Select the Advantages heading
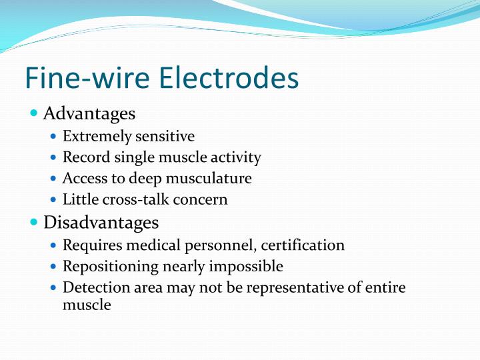[89, 113]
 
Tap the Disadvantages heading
[101, 221]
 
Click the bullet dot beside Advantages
[35, 113]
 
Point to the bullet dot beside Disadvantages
[35, 221]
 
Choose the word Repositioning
[109, 267]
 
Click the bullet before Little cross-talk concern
[55, 200]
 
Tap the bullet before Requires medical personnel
[55, 246]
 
